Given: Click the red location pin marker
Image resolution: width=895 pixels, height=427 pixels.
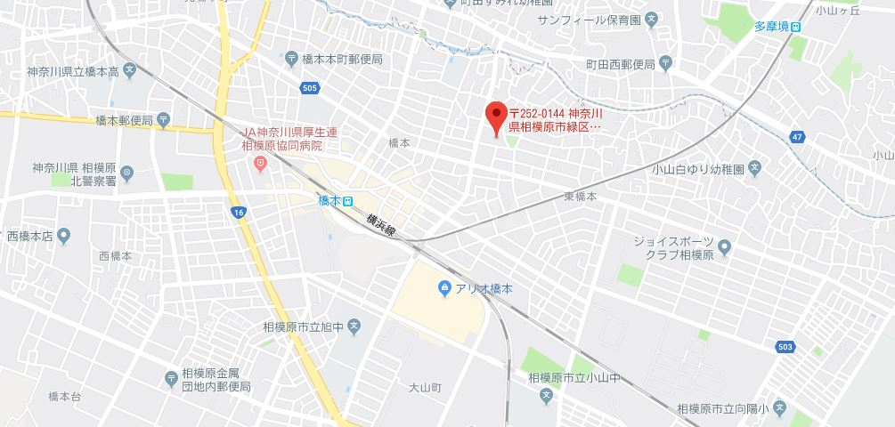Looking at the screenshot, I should pyautogui.click(x=496, y=117).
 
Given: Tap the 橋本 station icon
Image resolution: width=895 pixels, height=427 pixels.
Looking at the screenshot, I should pyautogui.click(x=348, y=201).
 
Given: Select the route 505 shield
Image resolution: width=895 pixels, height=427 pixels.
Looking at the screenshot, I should pyautogui.click(x=310, y=88).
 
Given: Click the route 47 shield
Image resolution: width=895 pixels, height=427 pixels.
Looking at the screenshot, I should pyautogui.click(x=796, y=136).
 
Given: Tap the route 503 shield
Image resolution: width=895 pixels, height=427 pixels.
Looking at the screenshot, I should pyautogui.click(x=784, y=346).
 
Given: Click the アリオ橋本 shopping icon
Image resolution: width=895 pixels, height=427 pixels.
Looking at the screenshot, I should pyautogui.click(x=444, y=288).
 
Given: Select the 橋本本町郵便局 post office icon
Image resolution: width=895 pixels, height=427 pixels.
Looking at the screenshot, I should pyautogui.click(x=291, y=59).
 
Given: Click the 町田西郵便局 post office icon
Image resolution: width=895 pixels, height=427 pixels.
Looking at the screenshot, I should pyautogui.click(x=666, y=64).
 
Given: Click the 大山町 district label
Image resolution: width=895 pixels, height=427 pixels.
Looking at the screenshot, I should pyautogui.click(x=426, y=388).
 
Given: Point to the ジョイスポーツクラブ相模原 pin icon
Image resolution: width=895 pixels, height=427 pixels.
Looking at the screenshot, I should pyautogui.click(x=724, y=246).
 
